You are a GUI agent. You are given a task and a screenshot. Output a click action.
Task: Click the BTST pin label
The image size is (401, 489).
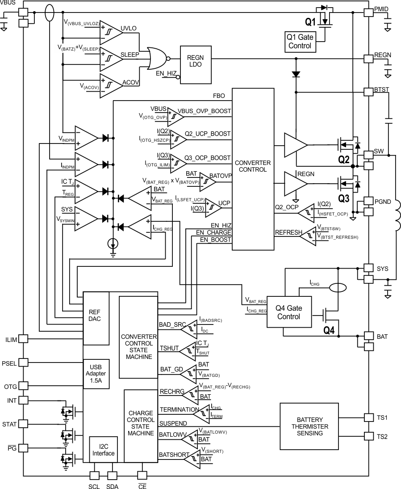[x=382, y=90]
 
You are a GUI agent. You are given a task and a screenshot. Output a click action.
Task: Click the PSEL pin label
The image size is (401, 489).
[x=9, y=363]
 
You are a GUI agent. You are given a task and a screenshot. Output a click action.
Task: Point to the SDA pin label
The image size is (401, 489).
[x=112, y=486]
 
